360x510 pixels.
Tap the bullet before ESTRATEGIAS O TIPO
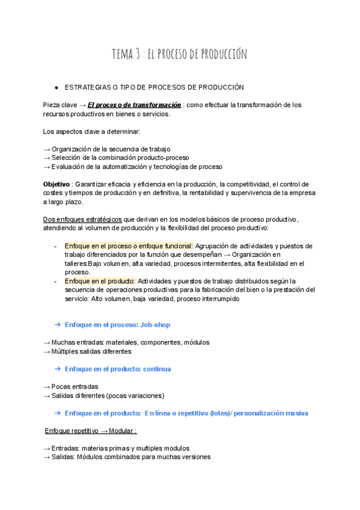click(56, 88)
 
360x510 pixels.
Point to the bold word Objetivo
click(56, 184)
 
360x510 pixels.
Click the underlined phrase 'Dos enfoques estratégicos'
click(83, 219)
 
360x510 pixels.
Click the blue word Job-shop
click(155, 325)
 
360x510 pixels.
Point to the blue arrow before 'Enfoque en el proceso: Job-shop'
click(58, 325)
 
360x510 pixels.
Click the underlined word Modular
click(123, 431)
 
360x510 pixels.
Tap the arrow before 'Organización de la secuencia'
click(47, 149)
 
